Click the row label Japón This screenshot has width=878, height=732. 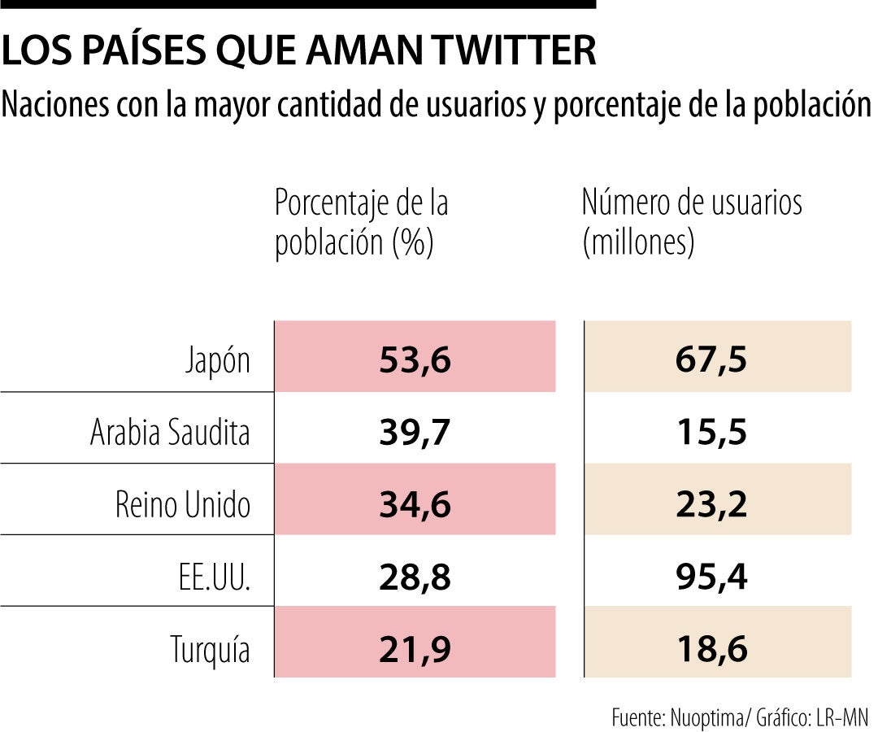(217, 360)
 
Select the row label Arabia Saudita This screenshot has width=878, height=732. (170, 433)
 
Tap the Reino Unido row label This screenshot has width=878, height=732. (182, 505)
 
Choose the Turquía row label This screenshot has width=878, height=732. (210, 649)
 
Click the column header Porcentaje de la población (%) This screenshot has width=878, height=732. (362, 223)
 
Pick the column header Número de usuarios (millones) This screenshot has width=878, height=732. (692, 223)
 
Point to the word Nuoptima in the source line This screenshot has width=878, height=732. (705, 717)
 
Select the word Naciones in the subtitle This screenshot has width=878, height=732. (59, 105)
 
